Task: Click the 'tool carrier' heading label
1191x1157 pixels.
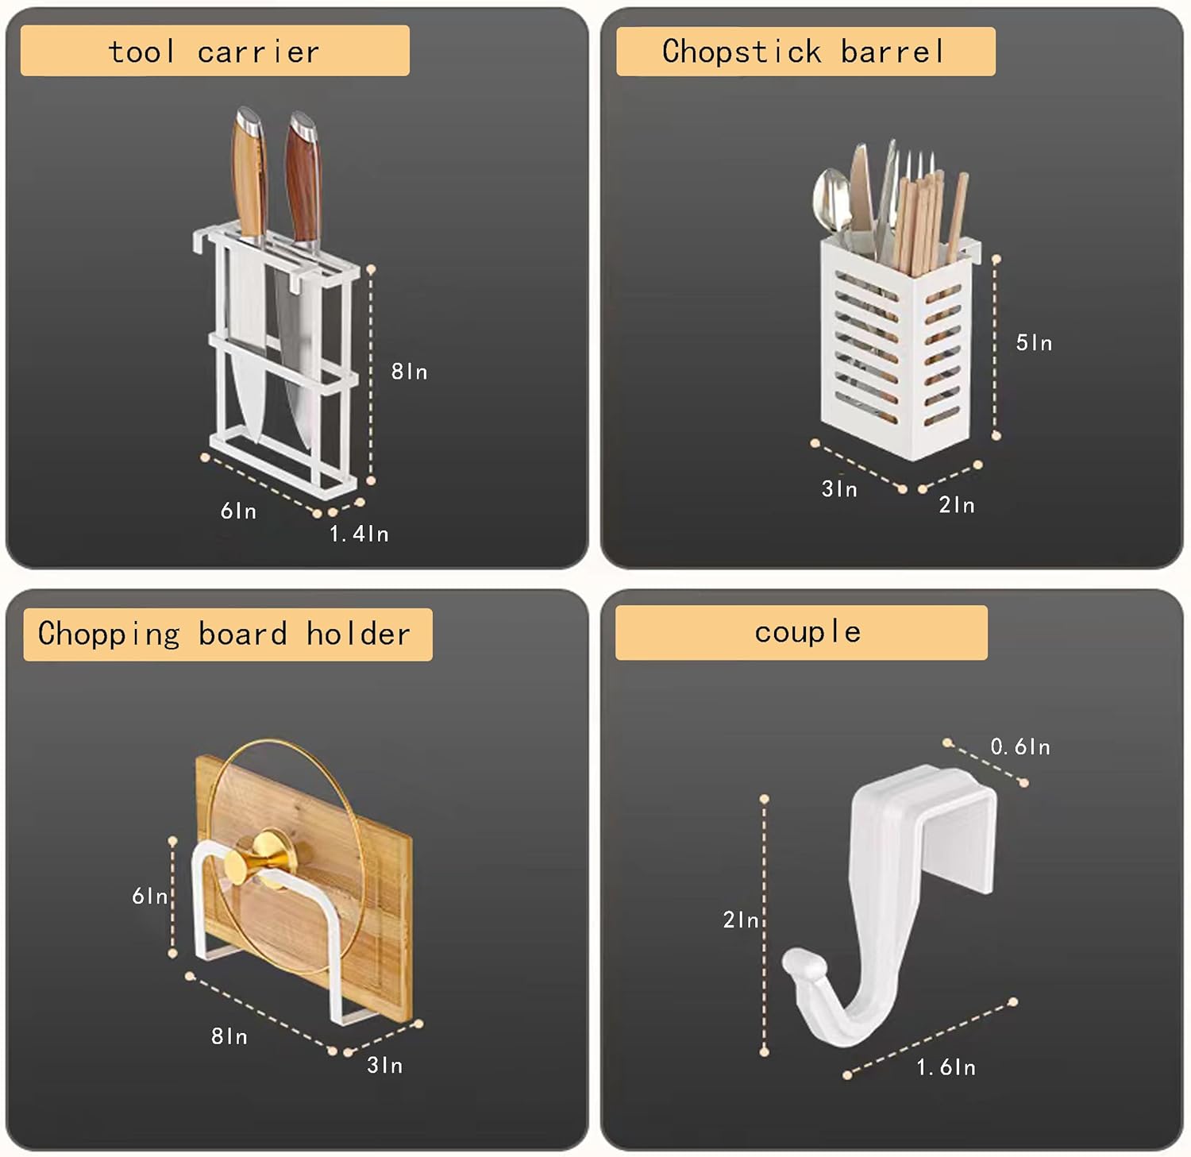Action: pyautogui.click(x=214, y=52)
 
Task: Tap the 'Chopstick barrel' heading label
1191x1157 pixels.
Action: pyautogui.click(x=804, y=52)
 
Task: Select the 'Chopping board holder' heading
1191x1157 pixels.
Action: pyautogui.click(x=225, y=634)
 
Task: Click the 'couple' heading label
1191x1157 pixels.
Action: pyautogui.click(x=807, y=632)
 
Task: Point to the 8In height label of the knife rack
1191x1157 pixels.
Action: pyautogui.click(x=409, y=372)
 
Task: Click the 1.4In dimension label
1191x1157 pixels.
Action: pyautogui.click(x=359, y=534)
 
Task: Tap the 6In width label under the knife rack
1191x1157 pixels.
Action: pyautogui.click(x=238, y=511)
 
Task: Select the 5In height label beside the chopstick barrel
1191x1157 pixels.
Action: pyautogui.click(x=1034, y=343)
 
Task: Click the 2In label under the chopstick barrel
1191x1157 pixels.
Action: pyautogui.click(x=957, y=505)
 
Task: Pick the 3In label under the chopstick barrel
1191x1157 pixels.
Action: pyautogui.click(x=839, y=489)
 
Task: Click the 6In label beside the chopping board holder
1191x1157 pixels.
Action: pyautogui.click(x=149, y=896)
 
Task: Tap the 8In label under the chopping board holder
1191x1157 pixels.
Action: pyautogui.click(x=229, y=1036)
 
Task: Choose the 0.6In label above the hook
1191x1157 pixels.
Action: pyautogui.click(x=1020, y=746)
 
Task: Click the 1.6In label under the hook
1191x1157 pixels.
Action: pyautogui.click(x=946, y=1067)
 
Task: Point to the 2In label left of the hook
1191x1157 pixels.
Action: pyautogui.click(x=741, y=920)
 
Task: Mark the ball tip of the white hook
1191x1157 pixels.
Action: pyautogui.click(x=796, y=963)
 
